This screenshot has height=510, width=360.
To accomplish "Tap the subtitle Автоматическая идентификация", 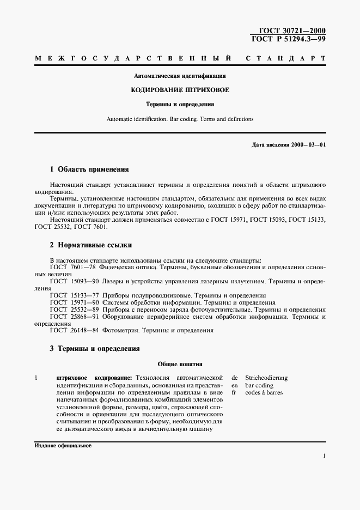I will pyautogui.click(x=180, y=76).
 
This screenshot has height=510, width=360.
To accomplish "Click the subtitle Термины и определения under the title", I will pyautogui.click(x=180, y=104).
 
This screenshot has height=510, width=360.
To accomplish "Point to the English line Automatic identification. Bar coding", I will pyautogui.click(x=180, y=119).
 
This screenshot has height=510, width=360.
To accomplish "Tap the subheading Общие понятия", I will pyautogui.click(x=180, y=363).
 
